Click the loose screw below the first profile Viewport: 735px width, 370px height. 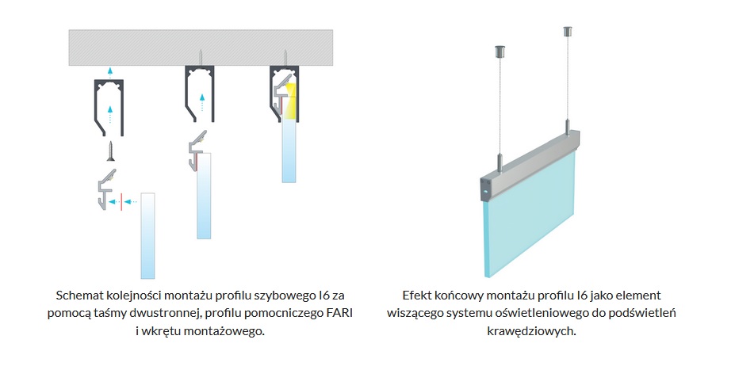(111, 151)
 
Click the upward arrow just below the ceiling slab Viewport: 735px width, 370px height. (109, 71)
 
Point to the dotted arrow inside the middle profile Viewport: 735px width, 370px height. (202, 102)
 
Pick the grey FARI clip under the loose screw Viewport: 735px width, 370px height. (107, 189)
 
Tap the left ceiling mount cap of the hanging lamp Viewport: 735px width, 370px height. (499, 51)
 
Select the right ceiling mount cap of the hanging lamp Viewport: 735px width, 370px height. (567, 32)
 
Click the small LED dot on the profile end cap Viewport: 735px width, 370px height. (485, 192)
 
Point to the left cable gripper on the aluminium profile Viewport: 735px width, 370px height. (500, 162)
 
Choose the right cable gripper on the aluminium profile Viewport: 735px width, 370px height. (568, 128)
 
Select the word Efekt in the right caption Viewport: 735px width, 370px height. (415, 296)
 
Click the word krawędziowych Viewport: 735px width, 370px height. (531, 331)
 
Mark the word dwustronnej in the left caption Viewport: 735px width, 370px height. (169, 313)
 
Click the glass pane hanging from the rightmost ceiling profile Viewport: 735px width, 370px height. (289, 151)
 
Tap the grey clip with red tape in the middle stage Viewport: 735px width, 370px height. (197, 151)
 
